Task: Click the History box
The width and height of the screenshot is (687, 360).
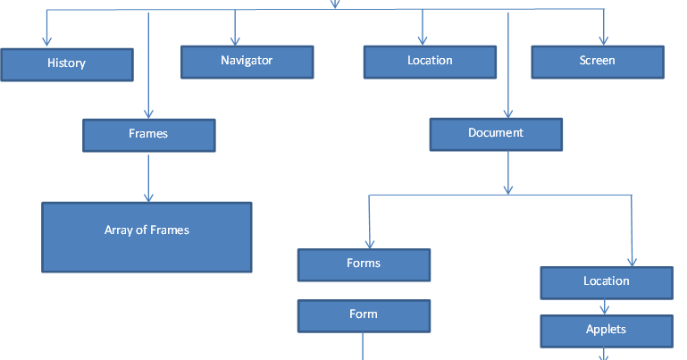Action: coord(67,64)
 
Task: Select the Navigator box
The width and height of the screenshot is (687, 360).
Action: coord(247,62)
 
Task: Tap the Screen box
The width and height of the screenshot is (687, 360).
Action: coord(598,62)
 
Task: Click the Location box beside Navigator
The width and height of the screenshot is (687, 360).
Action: coord(430,62)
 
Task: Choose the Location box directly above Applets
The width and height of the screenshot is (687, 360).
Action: coord(607,282)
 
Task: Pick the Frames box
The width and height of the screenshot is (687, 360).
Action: coord(148,135)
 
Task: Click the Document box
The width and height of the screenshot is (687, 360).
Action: coord(496,134)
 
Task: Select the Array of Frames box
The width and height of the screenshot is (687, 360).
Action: coord(147,237)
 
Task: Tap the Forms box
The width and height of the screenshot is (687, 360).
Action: coord(364,264)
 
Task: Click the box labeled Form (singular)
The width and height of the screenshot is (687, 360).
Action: coord(364,315)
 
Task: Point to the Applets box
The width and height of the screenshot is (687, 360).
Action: coord(607,331)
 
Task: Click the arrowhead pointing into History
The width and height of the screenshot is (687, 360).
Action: coord(46,41)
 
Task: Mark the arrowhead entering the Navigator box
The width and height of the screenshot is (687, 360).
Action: coord(235,40)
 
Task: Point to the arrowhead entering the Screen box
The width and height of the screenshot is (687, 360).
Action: coord(603,40)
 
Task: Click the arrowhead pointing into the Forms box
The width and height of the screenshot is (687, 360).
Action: coord(369,243)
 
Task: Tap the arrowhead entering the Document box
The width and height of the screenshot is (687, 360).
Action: coord(507,113)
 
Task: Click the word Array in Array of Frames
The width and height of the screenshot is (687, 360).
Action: coord(119,230)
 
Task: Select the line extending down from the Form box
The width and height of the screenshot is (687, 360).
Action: coord(364,347)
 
